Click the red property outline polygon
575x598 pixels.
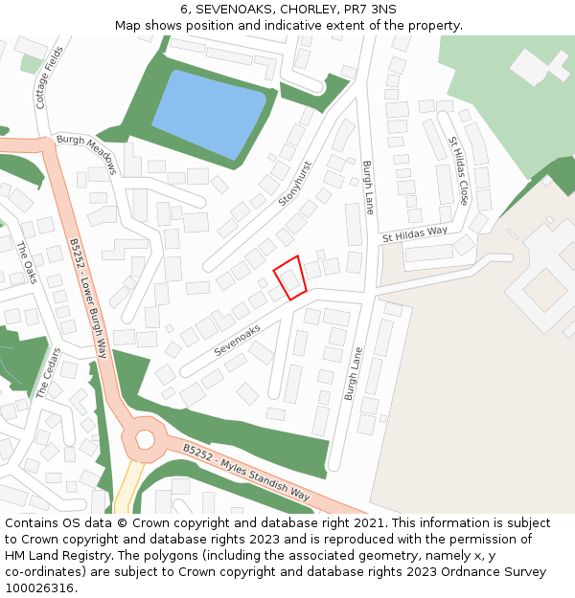290,277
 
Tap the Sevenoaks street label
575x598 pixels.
238,341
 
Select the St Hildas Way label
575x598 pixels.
415,233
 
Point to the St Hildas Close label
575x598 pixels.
458,170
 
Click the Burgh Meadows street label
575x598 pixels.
86,153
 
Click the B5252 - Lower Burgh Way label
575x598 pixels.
88,298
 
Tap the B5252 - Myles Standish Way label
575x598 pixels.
247,473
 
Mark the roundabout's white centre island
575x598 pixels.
145,439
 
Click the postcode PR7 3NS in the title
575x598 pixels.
370,9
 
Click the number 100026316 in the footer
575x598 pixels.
39,587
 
